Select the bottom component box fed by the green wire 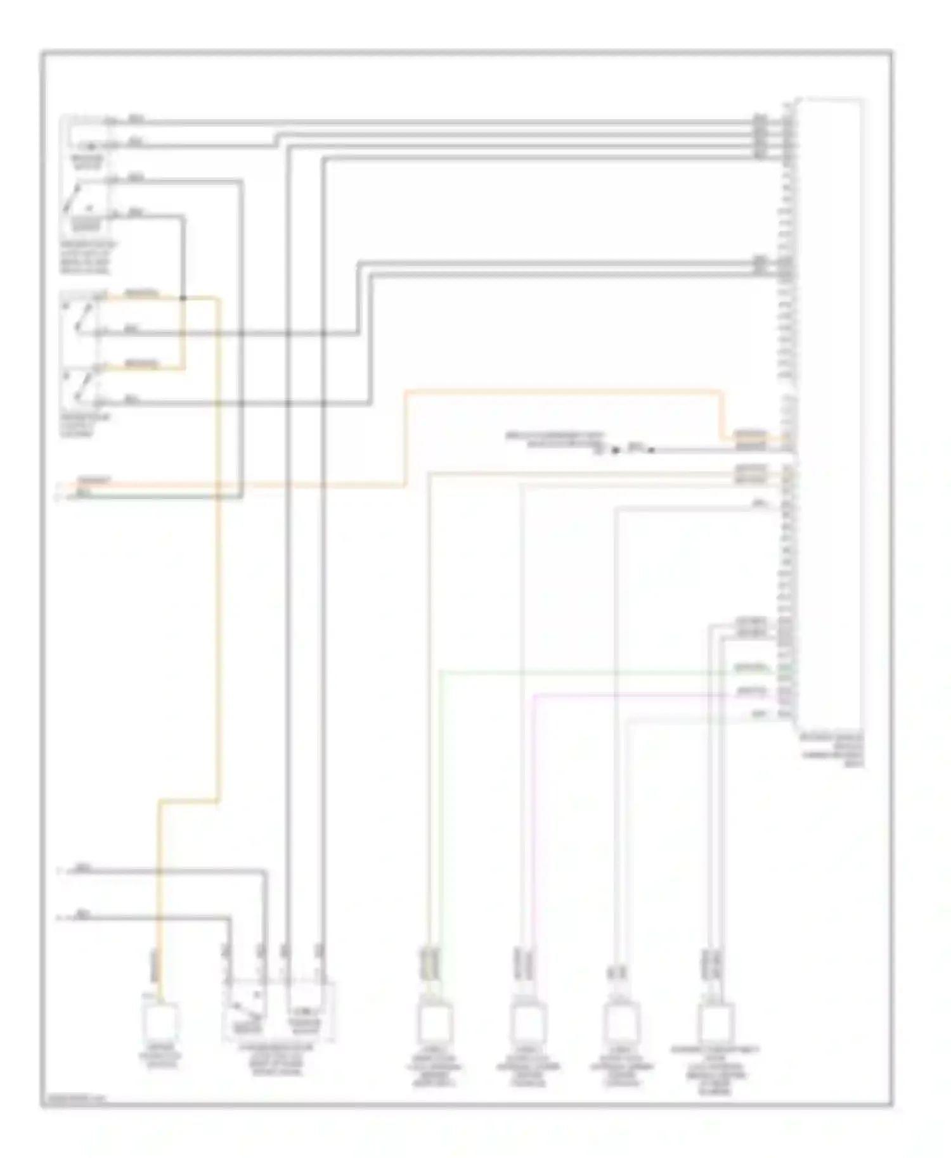tap(435, 1021)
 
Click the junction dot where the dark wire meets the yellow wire tap(183, 298)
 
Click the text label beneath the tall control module tap(832, 751)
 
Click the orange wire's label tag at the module tap(750, 435)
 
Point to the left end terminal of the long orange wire tap(59, 486)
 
